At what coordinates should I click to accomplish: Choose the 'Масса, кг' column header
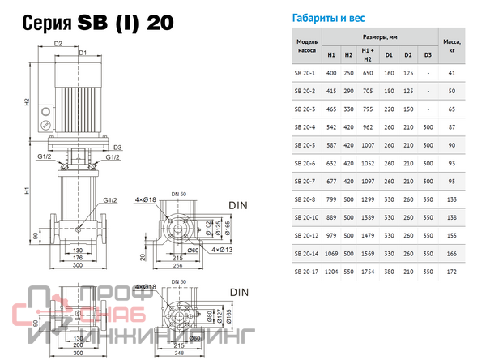(453, 45)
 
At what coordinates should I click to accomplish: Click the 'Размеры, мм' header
(380, 37)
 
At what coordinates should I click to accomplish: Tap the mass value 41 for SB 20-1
(453, 74)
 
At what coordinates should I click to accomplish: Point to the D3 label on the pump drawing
(117, 148)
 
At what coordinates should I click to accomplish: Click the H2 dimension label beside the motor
(27, 103)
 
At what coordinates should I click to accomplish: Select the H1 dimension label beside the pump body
(27, 192)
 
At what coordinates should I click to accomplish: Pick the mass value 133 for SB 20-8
(453, 199)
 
